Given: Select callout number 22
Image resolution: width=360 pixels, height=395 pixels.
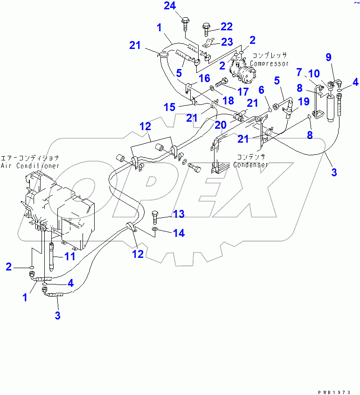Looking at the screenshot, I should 226,27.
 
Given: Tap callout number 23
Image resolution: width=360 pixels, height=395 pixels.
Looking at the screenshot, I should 227,42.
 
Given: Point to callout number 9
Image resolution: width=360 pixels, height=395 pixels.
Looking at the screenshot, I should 328,57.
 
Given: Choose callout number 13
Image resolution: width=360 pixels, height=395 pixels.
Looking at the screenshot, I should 179,214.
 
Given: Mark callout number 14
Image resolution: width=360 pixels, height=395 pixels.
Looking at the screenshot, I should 179,233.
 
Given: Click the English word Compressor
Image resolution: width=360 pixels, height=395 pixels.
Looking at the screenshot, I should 270,63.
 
